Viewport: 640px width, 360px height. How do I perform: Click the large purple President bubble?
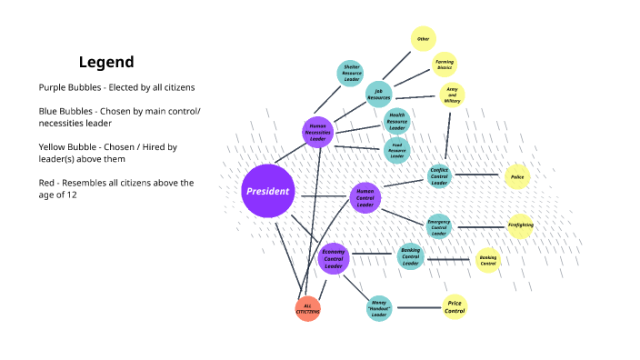268,192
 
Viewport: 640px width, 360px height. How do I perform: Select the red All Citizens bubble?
307,309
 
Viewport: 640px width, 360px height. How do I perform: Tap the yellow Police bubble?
517,177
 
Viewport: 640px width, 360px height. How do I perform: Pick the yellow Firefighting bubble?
520,225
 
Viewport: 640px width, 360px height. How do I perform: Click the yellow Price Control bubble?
455,307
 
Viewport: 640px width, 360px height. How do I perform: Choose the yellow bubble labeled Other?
423,39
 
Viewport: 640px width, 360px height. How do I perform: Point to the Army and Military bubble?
452,95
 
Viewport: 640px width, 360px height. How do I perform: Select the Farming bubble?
444,65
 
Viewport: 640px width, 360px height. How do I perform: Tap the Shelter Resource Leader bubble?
351,73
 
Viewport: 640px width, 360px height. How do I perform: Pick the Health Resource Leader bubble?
396,121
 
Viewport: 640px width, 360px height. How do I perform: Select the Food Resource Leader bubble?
396,150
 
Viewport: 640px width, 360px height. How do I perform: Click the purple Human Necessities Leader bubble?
317,132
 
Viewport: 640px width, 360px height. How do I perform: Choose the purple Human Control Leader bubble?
365,197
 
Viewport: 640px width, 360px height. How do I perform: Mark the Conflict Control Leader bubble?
439,176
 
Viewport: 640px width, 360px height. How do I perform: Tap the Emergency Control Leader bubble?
439,226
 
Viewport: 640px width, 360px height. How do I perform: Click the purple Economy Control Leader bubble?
334,258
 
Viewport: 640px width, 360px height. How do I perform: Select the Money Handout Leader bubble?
379,309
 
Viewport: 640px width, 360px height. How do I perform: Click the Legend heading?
106,62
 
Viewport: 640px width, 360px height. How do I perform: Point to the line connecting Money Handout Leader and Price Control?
417,308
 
